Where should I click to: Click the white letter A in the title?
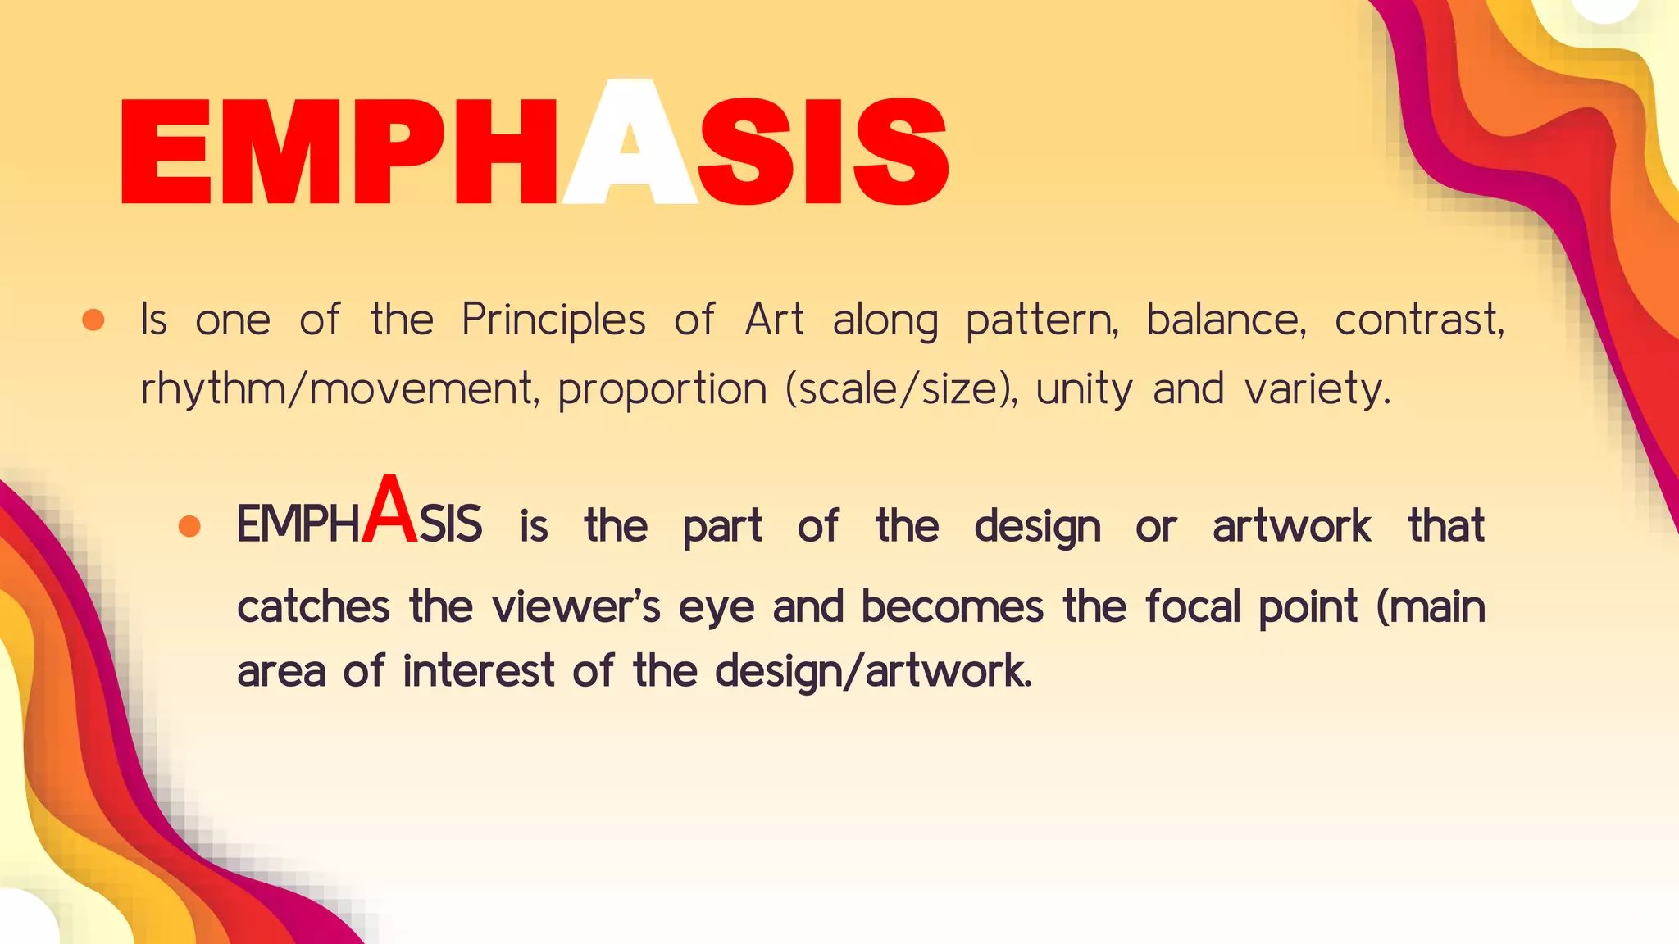coord(630,147)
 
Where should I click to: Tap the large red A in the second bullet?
coord(389,512)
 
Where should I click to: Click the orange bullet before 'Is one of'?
coord(93,320)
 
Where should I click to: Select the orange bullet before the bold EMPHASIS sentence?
coord(189,526)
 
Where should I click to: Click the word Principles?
coord(553,320)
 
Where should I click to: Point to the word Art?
coord(774,320)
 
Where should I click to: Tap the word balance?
coord(1226,320)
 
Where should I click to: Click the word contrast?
coord(1419,320)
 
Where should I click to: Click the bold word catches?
coord(313,607)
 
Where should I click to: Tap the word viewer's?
coord(576,607)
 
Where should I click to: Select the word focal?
coord(1193,607)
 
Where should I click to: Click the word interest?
coord(479,671)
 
